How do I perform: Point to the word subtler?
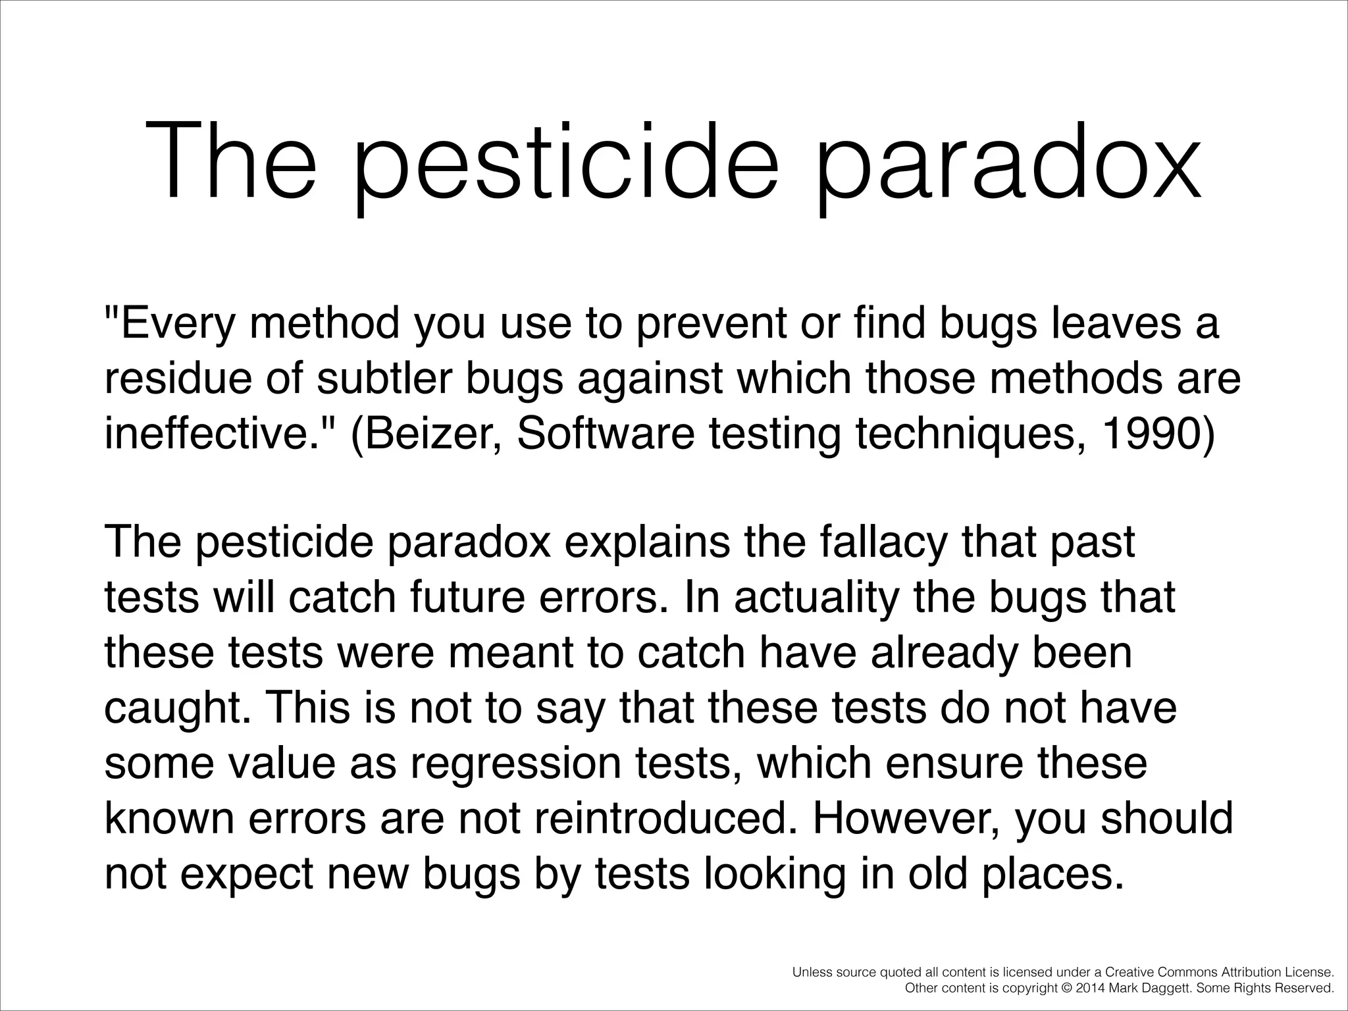click(385, 379)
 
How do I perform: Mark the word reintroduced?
click(668, 818)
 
